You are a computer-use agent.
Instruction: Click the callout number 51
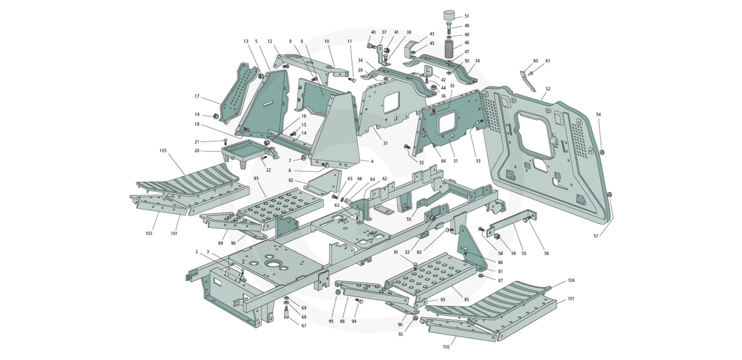click(x=466, y=16)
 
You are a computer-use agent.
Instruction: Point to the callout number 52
click(x=548, y=89)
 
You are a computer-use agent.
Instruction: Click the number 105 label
click(x=163, y=150)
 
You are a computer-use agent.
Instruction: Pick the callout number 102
click(x=446, y=347)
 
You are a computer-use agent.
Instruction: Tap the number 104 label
click(x=571, y=280)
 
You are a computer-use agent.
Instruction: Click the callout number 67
click(x=304, y=326)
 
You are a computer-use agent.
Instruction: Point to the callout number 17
click(x=197, y=96)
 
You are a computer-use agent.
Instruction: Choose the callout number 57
click(x=596, y=235)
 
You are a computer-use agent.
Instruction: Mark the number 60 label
click(x=536, y=61)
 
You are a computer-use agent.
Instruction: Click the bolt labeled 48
click(x=448, y=28)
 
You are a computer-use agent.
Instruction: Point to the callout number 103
click(x=149, y=233)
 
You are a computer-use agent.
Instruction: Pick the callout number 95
click(x=331, y=321)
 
